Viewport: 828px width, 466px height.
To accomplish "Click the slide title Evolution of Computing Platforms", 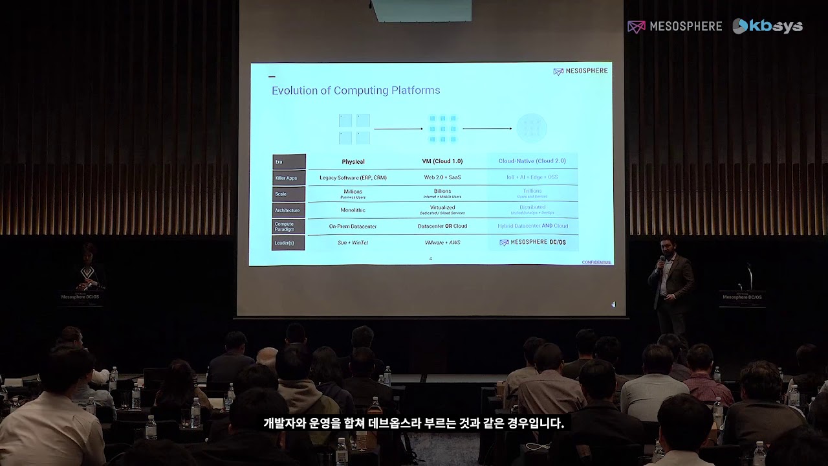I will tap(356, 91).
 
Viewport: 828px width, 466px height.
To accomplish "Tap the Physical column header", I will tap(353, 162).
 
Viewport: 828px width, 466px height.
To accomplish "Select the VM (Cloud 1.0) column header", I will tap(443, 161).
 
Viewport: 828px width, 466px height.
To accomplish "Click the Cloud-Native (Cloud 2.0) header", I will tap(532, 161).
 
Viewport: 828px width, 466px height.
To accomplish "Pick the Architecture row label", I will tap(288, 210).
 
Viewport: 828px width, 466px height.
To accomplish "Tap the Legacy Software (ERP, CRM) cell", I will tap(353, 177).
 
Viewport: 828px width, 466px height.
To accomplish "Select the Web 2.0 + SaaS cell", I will tap(442, 177).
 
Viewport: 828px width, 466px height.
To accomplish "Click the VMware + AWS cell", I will tap(442, 242).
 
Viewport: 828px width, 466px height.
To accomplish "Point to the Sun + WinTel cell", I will tap(353, 243).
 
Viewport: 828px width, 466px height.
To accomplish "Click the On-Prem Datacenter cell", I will tap(353, 227).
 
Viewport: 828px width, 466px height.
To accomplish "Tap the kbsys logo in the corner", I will tap(768, 27).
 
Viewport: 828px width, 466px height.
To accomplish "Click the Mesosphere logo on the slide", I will tap(580, 71).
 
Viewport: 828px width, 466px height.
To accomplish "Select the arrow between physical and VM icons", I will tap(398, 129).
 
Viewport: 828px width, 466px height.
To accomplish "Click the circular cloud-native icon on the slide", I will tap(532, 128).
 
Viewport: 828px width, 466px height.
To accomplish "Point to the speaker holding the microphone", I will tap(671, 285).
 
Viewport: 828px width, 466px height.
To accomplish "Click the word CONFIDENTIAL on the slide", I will tap(596, 262).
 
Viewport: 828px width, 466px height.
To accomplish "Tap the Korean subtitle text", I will tap(414, 424).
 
